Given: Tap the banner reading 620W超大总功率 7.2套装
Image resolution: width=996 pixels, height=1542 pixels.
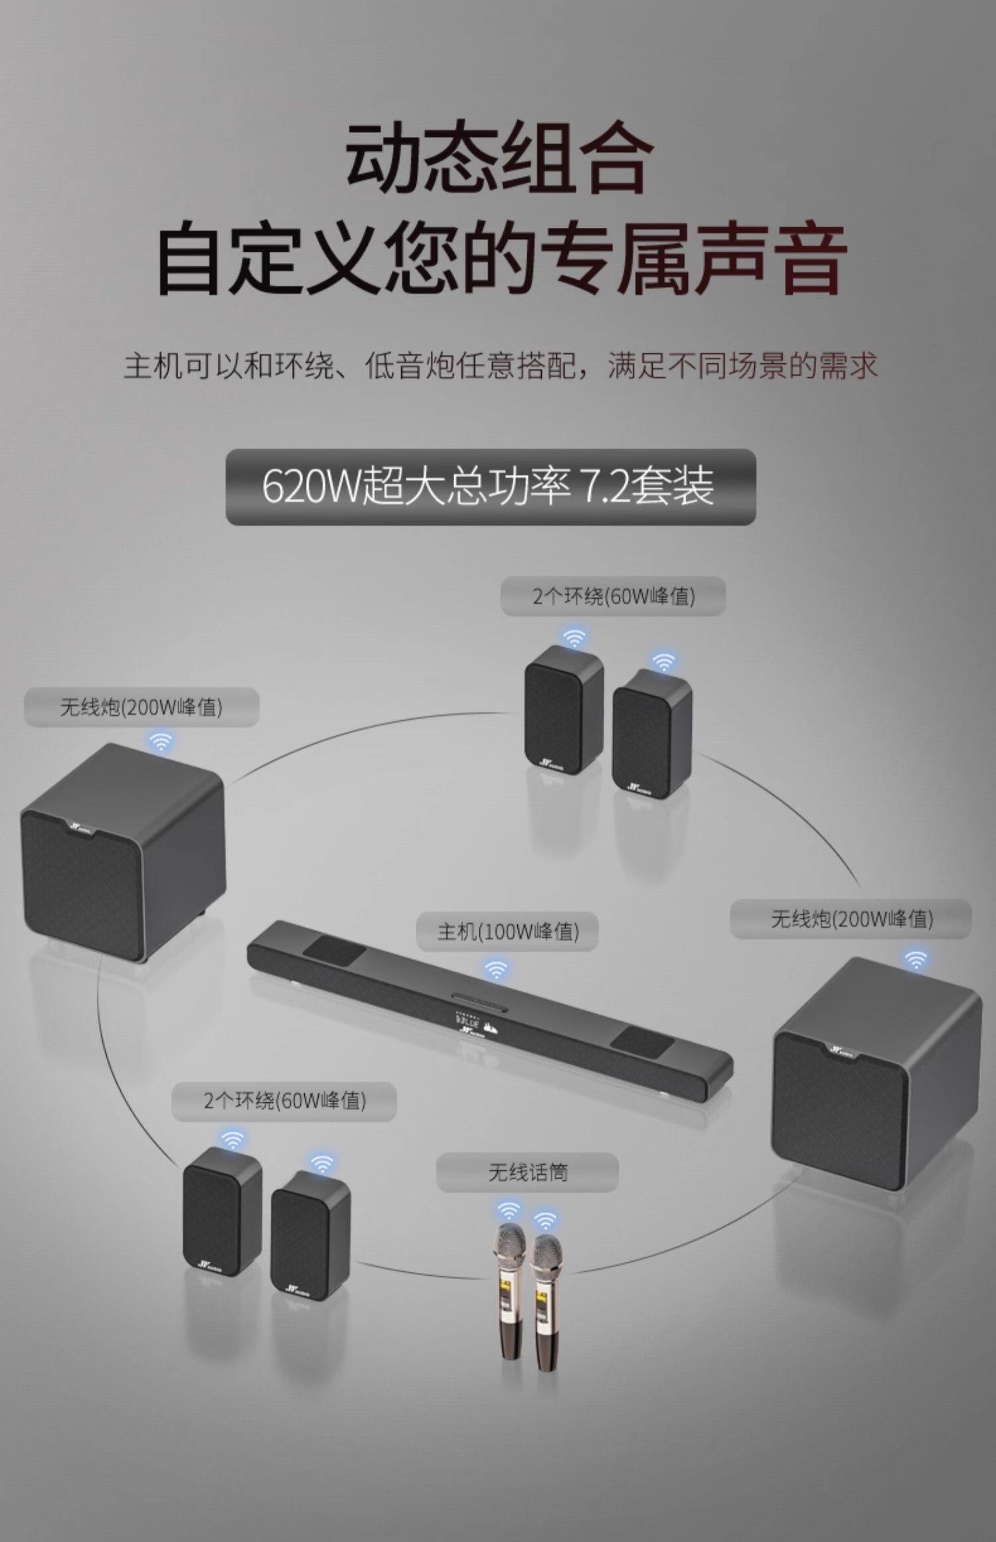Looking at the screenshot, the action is [x=490, y=487].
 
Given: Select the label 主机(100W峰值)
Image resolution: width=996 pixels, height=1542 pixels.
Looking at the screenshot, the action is [x=507, y=932].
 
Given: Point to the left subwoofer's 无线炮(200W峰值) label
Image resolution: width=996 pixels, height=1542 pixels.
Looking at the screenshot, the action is [x=141, y=707].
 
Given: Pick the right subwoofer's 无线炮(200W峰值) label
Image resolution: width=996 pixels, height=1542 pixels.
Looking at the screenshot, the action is [x=851, y=919].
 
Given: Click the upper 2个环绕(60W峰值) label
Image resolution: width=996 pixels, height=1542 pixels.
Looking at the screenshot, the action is [x=613, y=596].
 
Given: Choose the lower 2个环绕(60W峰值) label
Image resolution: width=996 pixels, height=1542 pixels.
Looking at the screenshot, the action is [x=284, y=1101].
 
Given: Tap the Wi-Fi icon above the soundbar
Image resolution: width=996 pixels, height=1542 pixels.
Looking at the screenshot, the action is [x=495, y=969].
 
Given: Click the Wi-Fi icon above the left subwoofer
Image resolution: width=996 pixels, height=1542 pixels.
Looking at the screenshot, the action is [x=160, y=741].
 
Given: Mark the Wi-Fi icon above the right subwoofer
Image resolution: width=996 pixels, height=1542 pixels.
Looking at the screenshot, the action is [x=916, y=959].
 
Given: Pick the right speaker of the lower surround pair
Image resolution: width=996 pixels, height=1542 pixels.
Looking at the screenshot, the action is [x=309, y=1235].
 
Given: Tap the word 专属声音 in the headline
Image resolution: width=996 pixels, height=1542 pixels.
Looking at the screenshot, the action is [x=694, y=259].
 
